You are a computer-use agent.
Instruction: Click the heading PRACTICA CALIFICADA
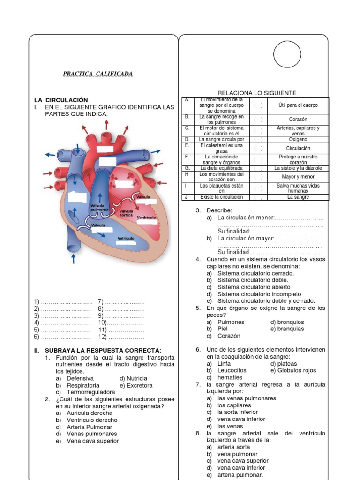98,74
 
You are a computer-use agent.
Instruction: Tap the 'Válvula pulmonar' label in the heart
99,208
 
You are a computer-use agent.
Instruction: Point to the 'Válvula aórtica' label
126,213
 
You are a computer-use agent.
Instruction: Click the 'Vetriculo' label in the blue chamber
126,239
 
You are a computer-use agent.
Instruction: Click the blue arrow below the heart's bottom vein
73,258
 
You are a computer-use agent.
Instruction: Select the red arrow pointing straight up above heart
107,124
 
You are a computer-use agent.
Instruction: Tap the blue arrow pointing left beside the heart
49,154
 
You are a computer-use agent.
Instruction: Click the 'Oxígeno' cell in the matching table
298,140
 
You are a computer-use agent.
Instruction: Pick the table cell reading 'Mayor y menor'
298,177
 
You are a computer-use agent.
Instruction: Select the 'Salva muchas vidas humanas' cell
298,188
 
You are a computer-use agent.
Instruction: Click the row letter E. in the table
187,145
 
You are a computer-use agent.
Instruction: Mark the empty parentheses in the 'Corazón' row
258,120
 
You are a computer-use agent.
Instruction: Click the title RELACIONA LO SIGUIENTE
257,93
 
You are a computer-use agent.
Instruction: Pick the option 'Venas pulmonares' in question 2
92,434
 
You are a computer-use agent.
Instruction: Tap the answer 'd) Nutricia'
133,378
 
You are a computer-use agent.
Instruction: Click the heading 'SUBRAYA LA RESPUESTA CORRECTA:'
103,350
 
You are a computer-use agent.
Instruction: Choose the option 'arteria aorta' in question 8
234,447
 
